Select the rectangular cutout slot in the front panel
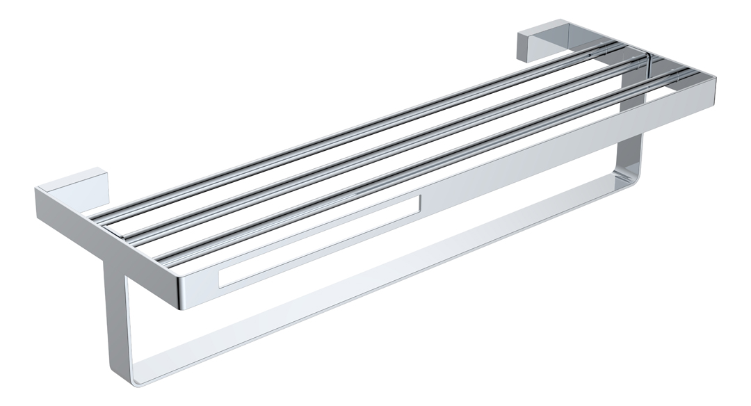[x=320, y=240]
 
